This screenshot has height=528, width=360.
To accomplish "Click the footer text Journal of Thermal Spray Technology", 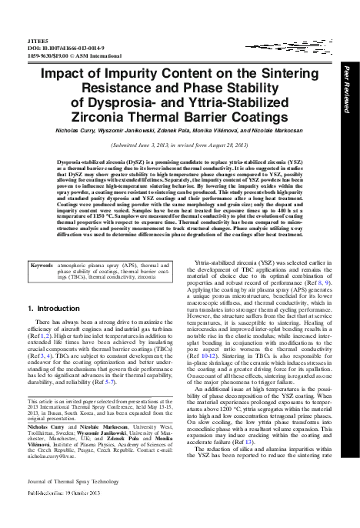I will (61, 502).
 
